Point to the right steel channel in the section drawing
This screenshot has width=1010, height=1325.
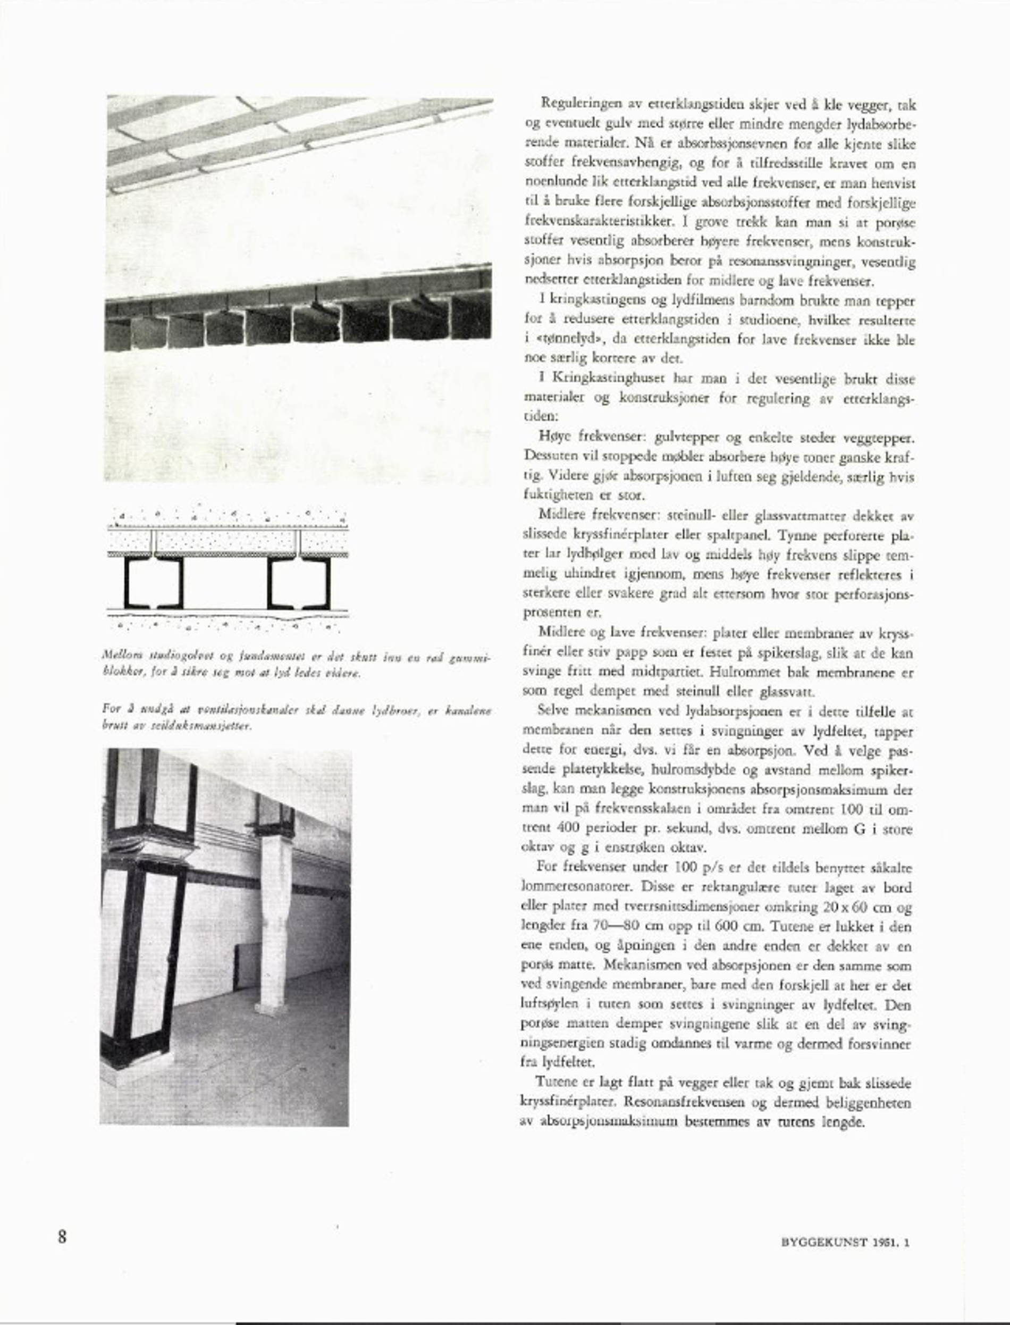(x=299, y=583)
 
